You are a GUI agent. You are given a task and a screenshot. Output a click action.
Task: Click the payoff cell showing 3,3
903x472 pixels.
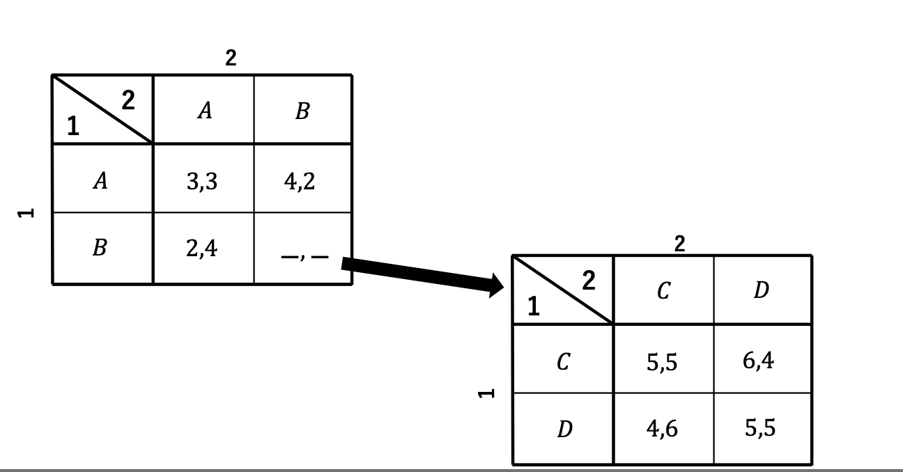coord(202,182)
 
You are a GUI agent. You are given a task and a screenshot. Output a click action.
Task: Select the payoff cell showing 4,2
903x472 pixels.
coord(300,182)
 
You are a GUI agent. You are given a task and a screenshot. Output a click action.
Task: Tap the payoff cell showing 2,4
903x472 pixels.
coord(202,248)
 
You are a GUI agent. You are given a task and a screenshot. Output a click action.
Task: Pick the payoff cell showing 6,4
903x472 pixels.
coord(759,361)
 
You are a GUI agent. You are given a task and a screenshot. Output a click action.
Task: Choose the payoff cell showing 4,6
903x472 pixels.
coord(662,429)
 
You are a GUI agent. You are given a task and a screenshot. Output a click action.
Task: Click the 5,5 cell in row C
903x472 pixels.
coord(662,362)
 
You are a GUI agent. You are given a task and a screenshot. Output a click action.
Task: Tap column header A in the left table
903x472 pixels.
coord(203,110)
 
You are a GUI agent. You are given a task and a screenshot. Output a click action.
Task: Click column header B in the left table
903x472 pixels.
coord(302,111)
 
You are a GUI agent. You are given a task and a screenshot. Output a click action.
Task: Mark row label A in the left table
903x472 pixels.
coord(101,181)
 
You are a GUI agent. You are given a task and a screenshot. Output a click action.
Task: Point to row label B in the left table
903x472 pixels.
coord(100,248)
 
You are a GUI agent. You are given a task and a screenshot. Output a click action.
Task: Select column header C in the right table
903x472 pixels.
coord(663,291)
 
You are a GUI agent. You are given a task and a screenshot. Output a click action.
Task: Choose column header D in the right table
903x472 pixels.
coord(761,290)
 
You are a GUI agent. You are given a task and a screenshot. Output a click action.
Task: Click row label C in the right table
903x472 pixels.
coord(564,362)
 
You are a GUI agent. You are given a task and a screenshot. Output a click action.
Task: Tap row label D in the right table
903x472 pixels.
coord(564,429)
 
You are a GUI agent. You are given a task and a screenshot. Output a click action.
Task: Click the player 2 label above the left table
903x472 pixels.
coord(231,59)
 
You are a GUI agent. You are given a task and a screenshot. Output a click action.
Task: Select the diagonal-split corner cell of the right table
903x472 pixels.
coord(563,290)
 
